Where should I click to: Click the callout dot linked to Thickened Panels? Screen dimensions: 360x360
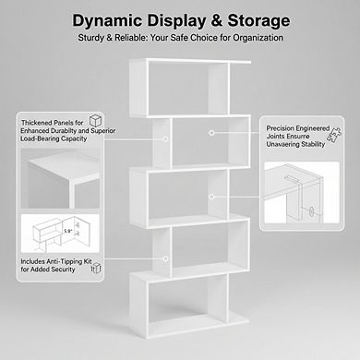(x=165, y=139)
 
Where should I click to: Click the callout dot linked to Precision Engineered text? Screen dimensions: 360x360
(x=212, y=133)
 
